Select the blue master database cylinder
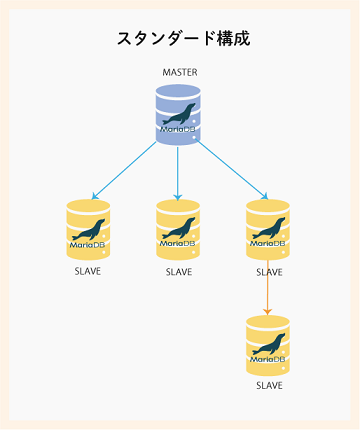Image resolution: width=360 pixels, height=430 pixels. [178, 114]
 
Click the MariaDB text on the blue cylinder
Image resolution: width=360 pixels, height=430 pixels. [178, 127]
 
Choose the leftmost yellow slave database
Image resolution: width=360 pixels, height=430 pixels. [88, 230]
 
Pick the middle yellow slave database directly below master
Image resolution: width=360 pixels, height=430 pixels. [178, 230]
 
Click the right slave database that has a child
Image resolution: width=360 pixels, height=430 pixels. [268, 230]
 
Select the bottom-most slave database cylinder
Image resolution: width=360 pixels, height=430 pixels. [268, 345]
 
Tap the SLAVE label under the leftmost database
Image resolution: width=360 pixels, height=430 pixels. [88, 271]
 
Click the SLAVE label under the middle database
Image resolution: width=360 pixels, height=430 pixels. [178, 271]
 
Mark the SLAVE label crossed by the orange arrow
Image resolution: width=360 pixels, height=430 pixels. [268, 271]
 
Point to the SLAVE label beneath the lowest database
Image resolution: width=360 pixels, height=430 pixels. [268, 385]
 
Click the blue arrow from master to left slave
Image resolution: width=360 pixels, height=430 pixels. [125, 169]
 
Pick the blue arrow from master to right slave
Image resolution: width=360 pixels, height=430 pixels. [232, 169]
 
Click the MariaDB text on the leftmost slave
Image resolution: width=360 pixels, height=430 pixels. [88, 243]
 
